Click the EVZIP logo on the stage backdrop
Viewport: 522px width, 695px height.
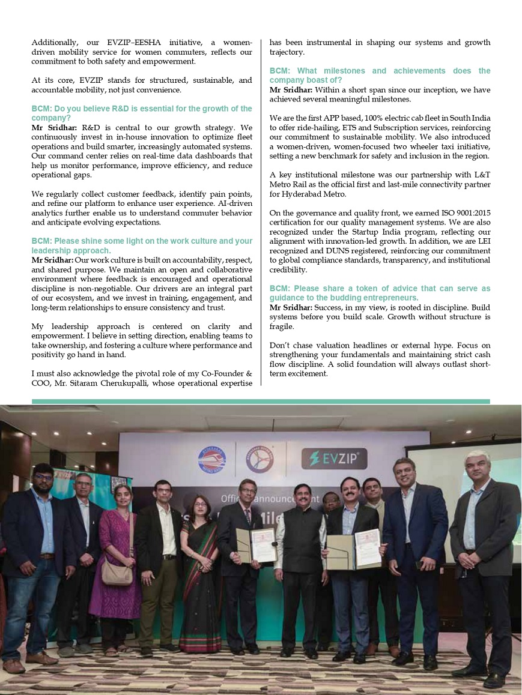tap(334, 459)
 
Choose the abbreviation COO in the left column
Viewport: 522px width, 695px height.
tap(42, 384)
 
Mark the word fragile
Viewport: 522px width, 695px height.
tap(282, 326)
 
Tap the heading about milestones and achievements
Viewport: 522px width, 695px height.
tap(380, 75)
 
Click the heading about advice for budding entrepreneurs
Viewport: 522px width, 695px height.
tap(380, 293)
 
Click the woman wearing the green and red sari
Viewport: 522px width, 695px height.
tap(199, 576)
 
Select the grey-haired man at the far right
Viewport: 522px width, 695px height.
tap(484, 558)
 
